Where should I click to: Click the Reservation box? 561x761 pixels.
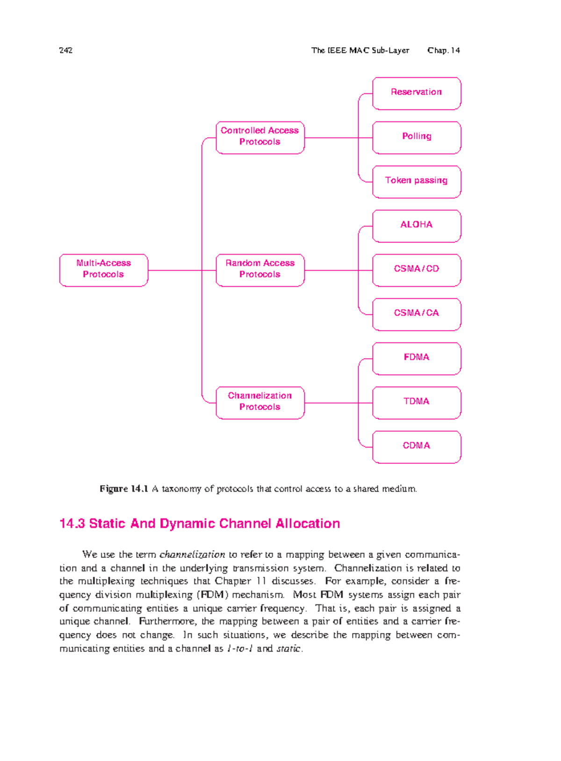click(x=416, y=93)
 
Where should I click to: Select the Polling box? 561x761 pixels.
click(x=416, y=137)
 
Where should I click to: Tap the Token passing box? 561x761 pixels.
click(x=416, y=182)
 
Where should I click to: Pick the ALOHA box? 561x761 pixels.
click(x=416, y=226)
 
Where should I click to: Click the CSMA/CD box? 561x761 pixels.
click(x=416, y=270)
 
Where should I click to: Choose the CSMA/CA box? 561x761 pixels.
click(x=416, y=314)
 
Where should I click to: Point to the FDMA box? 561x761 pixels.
click(x=416, y=358)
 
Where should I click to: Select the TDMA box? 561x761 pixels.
click(x=416, y=402)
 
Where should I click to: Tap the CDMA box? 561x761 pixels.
click(x=416, y=446)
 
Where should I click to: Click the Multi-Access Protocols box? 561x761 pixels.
click(x=103, y=270)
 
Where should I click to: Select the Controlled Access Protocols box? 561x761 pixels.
click(x=259, y=137)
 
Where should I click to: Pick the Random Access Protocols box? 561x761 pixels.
click(x=259, y=270)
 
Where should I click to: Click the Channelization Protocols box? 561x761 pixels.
click(x=259, y=402)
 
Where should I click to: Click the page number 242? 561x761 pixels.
click(x=66, y=50)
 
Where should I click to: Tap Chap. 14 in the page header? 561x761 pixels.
click(x=443, y=50)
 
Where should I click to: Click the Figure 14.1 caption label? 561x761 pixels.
click(x=123, y=489)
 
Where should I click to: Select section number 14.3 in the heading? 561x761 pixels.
click(x=72, y=523)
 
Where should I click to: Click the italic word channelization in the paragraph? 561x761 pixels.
click(x=192, y=554)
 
